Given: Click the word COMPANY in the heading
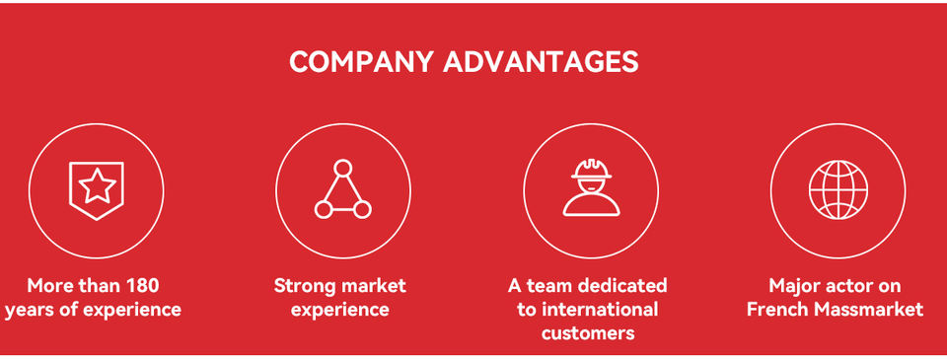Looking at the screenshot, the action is click(x=361, y=61).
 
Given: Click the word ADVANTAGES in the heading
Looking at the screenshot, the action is click(x=542, y=61).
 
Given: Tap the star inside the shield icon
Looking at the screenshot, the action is click(x=97, y=186).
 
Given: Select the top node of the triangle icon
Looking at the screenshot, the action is click(x=343, y=168).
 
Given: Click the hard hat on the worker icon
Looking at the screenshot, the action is click(x=591, y=169).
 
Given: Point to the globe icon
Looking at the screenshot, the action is click(x=838, y=189).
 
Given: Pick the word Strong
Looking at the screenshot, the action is click(x=304, y=286).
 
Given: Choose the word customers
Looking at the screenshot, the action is click(x=588, y=333).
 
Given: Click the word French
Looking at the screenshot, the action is click(x=777, y=310).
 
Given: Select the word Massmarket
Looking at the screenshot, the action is click(x=868, y=310).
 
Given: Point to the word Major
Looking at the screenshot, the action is click(x=793, y=286).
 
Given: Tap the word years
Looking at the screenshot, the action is click(x=28, y=311).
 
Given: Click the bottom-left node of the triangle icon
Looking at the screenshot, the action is click(x=324, y=210).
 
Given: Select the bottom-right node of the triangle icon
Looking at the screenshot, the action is click(x=362, y=210).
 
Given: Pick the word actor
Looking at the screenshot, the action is click(x=844, y=286).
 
